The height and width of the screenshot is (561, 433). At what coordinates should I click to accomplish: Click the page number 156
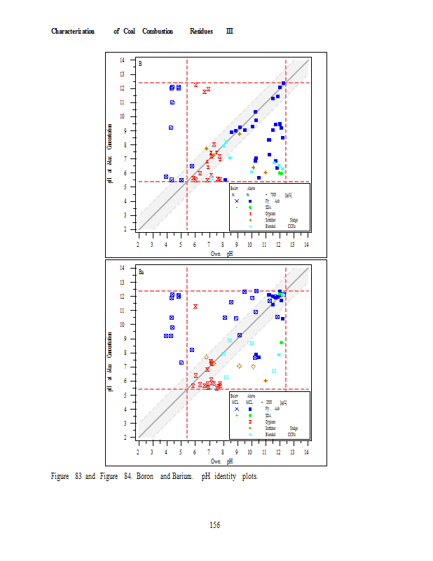pyautogui.click(x=215, y=525)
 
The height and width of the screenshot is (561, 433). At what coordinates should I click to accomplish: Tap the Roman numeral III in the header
pyautogui.click(x=229, y=32)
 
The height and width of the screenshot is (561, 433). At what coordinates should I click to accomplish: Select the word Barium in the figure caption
pyautogui.click(x=179, y=477)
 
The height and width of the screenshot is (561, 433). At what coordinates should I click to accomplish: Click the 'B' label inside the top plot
pyautogui.click(x=140, y=64)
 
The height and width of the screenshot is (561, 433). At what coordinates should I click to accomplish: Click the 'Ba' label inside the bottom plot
pyautogui.click(x=142, y=272)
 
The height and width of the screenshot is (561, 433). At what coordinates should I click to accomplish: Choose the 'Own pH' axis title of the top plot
pyautogui.click(x=221, y=254)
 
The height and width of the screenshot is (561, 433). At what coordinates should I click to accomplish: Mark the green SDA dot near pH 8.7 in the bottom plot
pyautogui.click(x=281, y=342)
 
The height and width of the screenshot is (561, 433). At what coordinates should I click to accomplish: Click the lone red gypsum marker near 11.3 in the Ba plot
pyautogui.click(x=195, y=306)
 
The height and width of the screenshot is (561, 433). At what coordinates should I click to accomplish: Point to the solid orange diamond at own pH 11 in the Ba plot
pyautogui.click(x=266, y=380)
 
